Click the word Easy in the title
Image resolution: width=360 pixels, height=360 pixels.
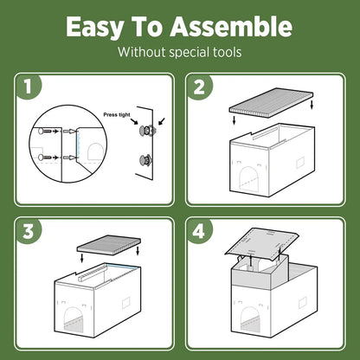(94, 27)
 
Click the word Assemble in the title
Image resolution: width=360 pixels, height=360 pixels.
(231, 26)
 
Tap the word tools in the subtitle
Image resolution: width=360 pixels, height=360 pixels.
(228, 52)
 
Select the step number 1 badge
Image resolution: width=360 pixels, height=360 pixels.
(29, 87)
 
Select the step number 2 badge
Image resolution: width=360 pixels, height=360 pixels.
(199, 87)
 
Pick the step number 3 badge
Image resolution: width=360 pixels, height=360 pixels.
(29, 231)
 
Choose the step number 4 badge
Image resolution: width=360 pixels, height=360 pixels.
(199, 231)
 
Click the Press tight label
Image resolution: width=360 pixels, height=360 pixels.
(117, 115)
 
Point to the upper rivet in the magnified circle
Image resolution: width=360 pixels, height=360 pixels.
(45, 132)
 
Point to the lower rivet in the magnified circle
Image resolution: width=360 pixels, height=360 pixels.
(45, 157)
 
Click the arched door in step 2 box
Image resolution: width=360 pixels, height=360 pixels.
(248, 178)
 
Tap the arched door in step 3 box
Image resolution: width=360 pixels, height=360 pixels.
(73, 319)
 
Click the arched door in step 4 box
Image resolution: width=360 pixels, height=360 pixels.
(250, 318)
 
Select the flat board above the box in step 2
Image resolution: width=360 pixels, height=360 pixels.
(271, 100)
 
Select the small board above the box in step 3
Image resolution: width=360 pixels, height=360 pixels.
(109, 243)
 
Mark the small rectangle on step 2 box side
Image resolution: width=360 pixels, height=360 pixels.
(300, 163)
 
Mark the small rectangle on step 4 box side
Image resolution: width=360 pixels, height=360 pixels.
(302, 303)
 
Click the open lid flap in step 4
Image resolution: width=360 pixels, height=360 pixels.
(262, 243)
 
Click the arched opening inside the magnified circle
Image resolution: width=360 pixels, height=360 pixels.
(95, 152)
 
